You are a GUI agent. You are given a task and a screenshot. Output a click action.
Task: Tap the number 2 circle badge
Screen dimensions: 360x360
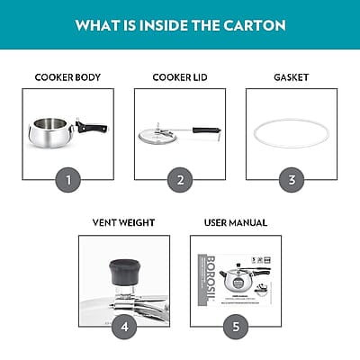pyautogui.click(x=180, y=179)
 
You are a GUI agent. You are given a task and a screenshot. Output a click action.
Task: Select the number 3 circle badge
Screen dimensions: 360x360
pyautogui.click(x=291, y=179)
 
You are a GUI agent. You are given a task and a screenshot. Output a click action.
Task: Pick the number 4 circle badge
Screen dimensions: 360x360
pyautogui.click(x=124, y=326)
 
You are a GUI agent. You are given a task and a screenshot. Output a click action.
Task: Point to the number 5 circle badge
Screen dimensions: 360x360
pyautogui.click(x=236, y=326)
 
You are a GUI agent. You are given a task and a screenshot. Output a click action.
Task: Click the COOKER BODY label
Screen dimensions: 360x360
pyautogui.click(x=68, y=77)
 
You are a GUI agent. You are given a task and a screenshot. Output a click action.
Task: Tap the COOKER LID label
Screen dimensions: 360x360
pyautogui.click(x=180, y=77)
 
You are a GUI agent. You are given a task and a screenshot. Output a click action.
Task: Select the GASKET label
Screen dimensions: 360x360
pyautogui.click(x=291, y=77)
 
